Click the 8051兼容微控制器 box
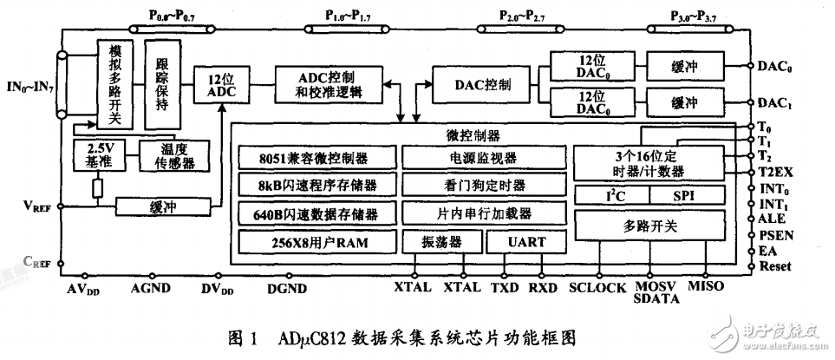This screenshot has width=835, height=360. [316, 158]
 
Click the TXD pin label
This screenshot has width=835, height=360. [504, 285]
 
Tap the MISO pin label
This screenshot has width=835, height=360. [703, 285]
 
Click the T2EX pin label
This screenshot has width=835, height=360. [774, 172]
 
